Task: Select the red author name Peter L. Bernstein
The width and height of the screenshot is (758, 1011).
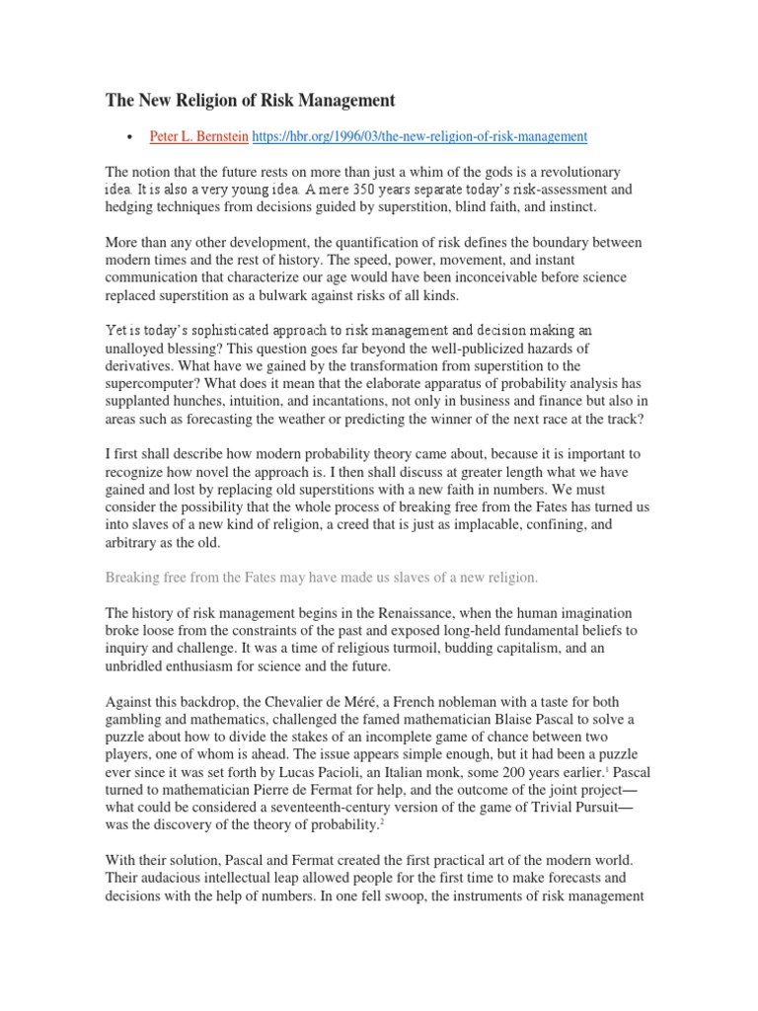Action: (x=199, y=136)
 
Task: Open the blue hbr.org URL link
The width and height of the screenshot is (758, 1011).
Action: (x=420, y=136)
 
